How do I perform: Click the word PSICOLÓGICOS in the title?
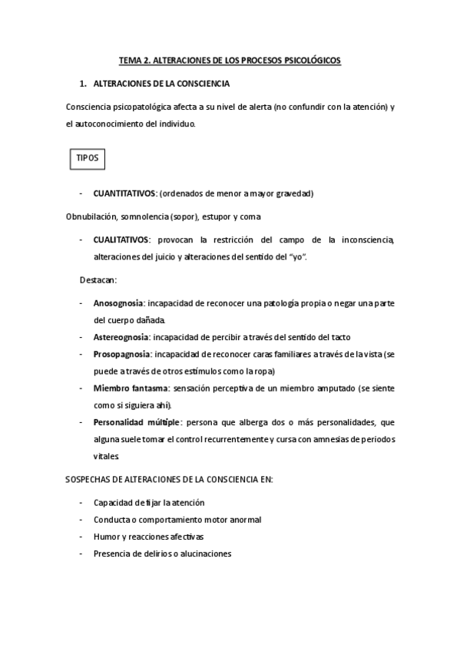point(307,59)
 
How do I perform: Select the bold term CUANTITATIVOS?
point(124,193)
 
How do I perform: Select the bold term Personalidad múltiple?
point(137,422)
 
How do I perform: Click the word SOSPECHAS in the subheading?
point(91,480)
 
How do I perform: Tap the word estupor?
point(220,216)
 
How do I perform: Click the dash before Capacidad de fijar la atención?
point(81,503)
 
